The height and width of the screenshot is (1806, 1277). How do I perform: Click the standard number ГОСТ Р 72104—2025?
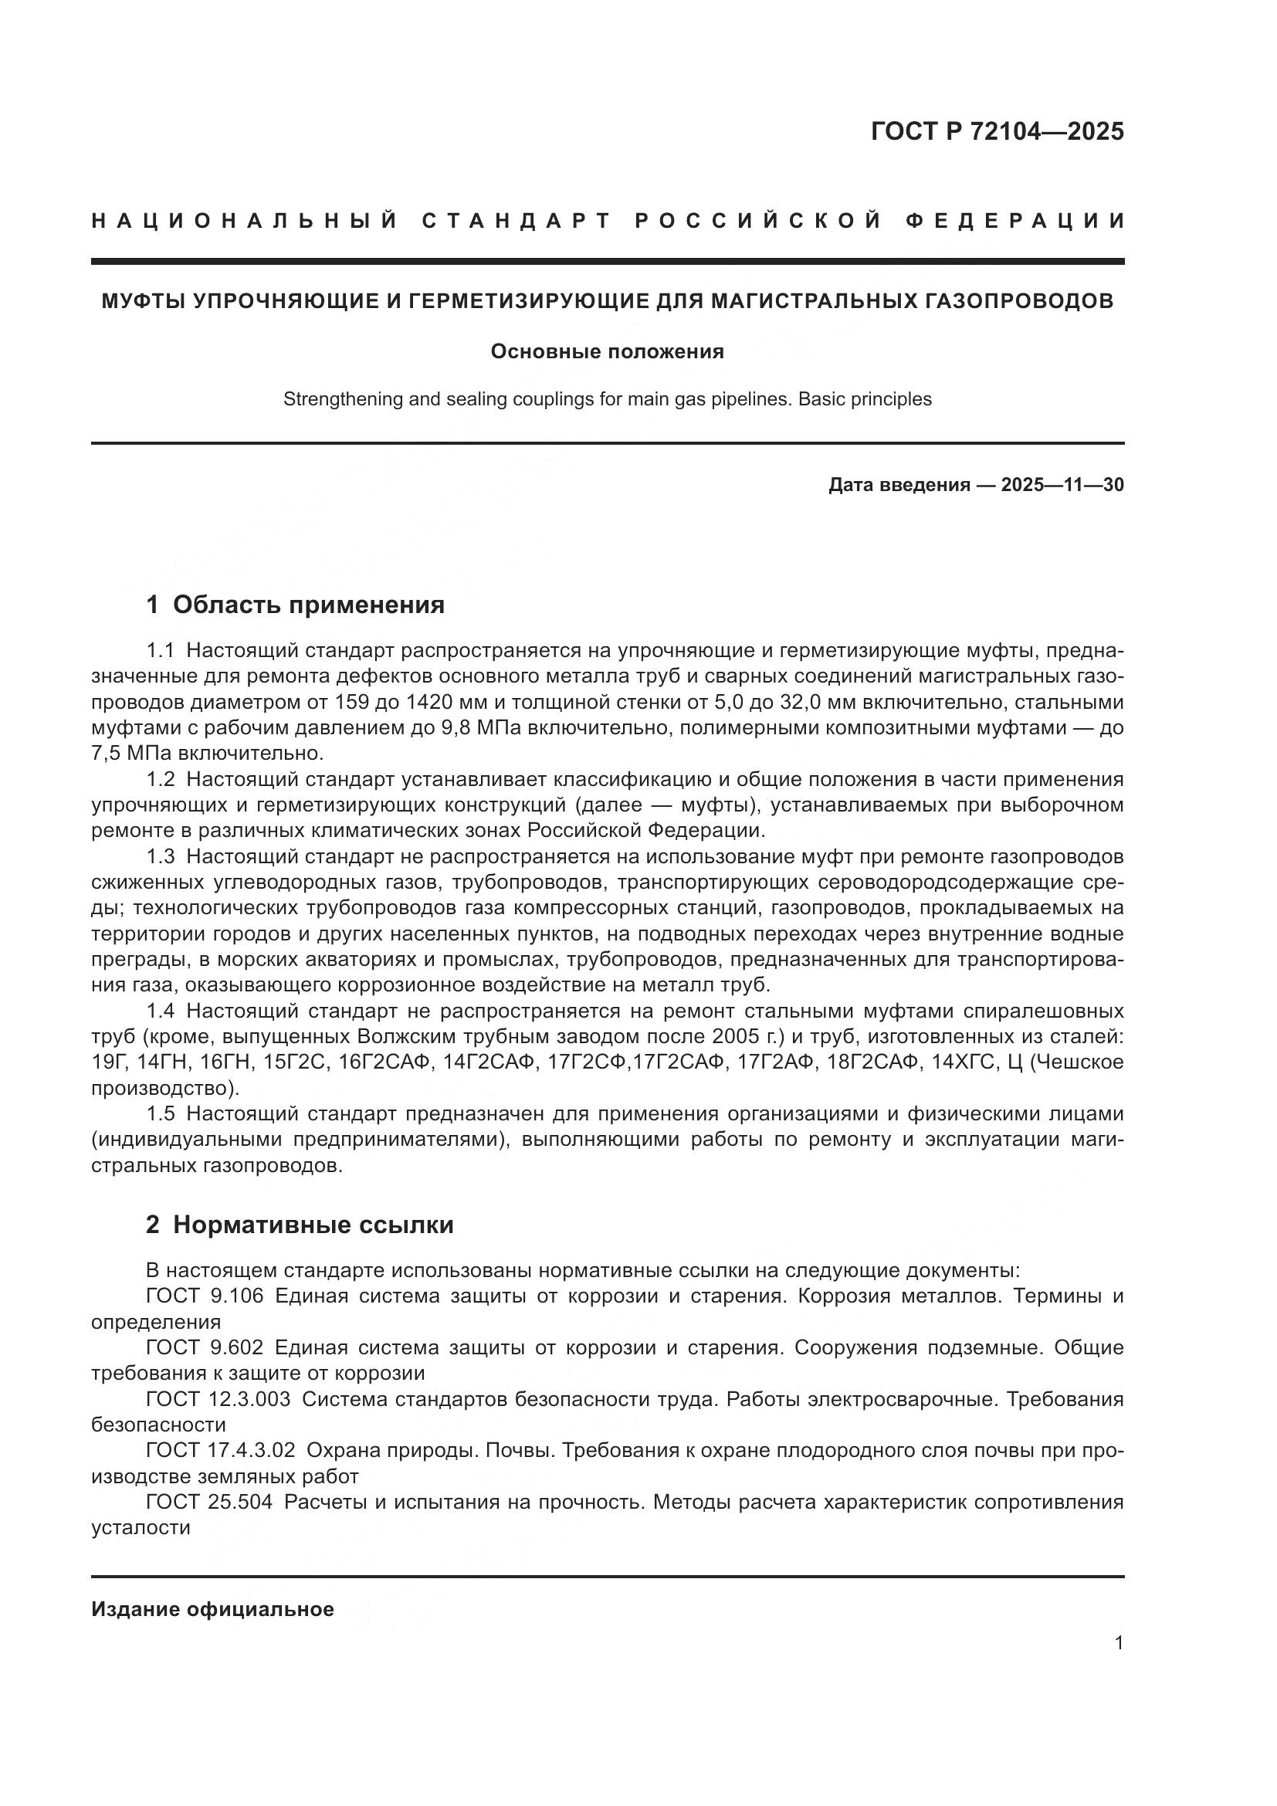[997, 131]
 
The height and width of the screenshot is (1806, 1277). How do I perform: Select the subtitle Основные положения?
[607, 351]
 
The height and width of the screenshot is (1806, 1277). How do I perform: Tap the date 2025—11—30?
[1062, 485]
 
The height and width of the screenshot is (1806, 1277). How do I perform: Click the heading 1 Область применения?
[295, 605]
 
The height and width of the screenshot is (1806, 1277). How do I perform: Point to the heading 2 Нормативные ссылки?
[300, 1225]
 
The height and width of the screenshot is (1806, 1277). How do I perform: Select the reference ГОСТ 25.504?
[209, 1502]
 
